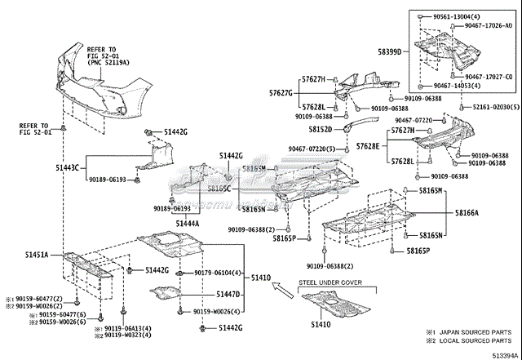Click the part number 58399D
(x=389, y=51)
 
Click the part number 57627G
(x=280, y=93)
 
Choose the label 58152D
(x=320, y=129)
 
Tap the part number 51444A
(x=187, y=222)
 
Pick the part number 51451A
(x=34, y=256)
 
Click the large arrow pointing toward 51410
(x=282, y=287)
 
